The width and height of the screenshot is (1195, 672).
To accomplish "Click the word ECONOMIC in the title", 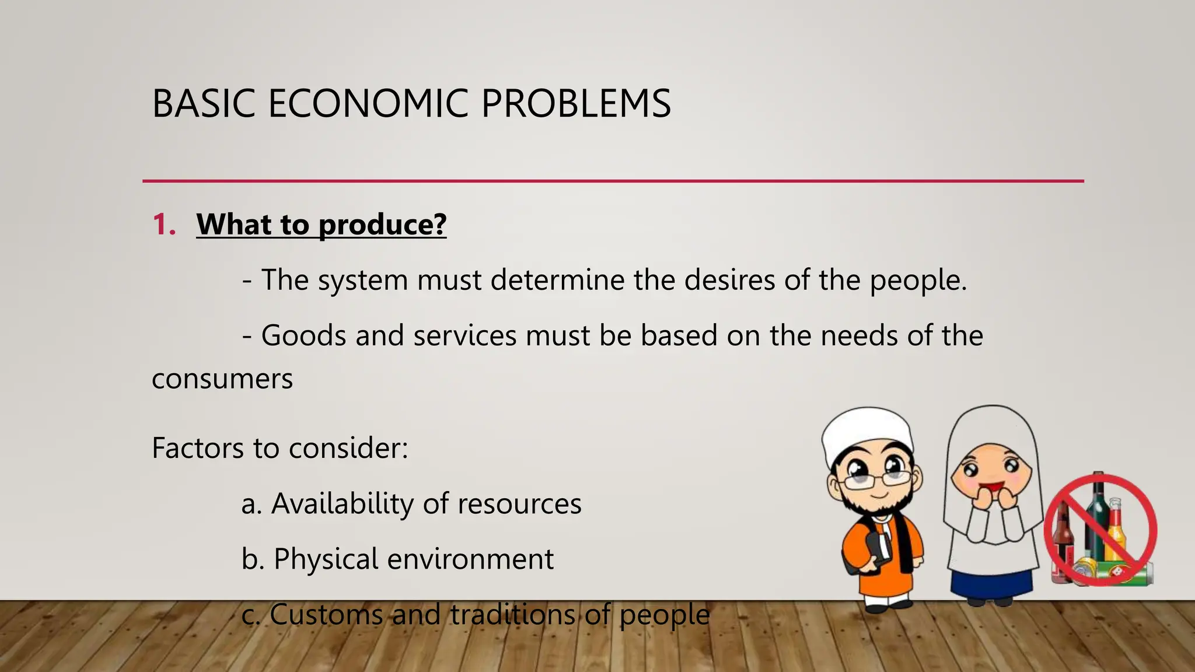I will coord(368,104).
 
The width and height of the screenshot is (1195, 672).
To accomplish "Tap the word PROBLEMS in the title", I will coord(576,104).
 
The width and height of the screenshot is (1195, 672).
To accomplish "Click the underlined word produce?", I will coord(382,225).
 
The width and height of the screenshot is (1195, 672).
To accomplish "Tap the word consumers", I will coord(222,379).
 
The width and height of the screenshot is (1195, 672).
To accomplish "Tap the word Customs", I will coord(326,614).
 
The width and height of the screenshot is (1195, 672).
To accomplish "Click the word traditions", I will coord(512,614).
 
